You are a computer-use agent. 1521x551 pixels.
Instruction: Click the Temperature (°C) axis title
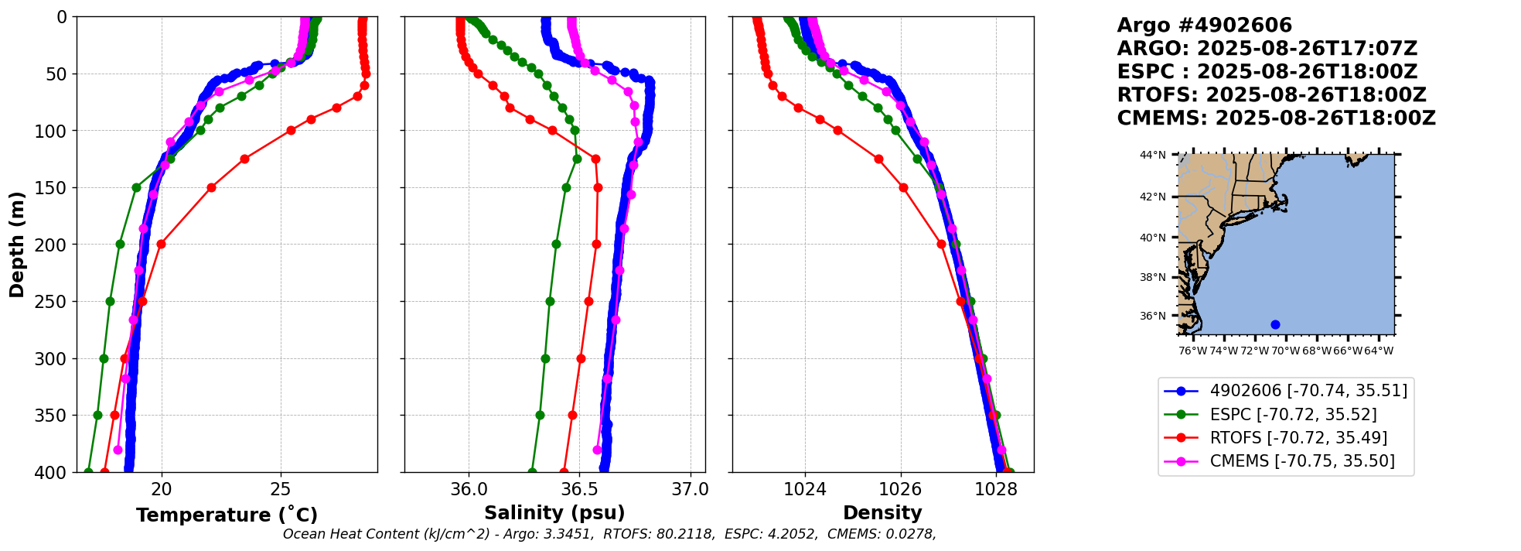pos(227,515)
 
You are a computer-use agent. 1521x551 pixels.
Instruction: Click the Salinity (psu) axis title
pos(554,513)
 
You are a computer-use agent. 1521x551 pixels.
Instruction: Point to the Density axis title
pos(882,513)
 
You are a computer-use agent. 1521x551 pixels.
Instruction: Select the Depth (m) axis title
pos(17,245)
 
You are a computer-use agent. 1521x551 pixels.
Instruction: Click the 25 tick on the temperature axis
pos(281,489)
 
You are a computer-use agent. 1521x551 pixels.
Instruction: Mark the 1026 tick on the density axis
pos(901,489)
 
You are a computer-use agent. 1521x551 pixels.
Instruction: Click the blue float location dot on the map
pos(1275,324)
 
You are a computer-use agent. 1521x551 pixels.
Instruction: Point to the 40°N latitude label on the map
pos(1152,238)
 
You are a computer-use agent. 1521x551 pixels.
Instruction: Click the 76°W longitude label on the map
pos(1192,351)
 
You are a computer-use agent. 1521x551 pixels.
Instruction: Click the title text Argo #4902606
pos(1204,26)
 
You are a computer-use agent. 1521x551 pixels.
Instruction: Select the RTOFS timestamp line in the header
pos(1271,95)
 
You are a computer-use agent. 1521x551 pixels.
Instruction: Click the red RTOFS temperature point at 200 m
pos(161,244)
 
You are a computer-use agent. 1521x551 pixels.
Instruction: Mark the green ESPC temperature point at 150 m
pos(136,187)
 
